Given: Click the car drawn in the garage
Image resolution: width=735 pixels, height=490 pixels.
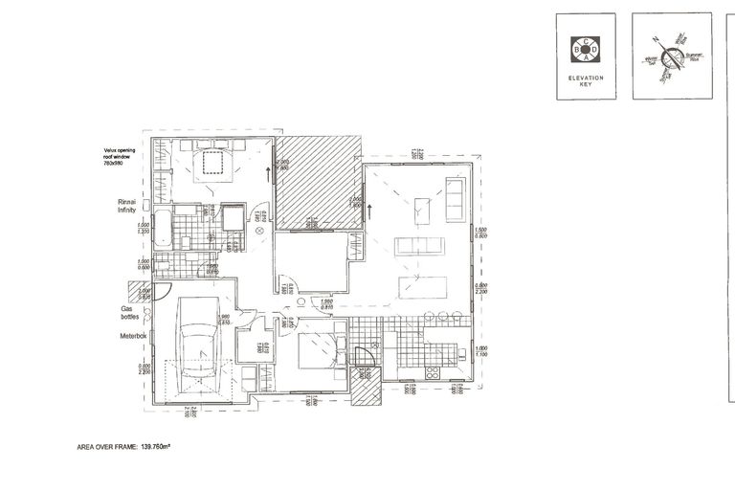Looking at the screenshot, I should [196, 347].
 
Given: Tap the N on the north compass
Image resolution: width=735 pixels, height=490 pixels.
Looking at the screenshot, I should [657, 38].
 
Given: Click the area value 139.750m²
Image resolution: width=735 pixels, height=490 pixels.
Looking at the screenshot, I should [162, 446].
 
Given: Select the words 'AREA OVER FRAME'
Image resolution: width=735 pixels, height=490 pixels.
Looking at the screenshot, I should [107, 446].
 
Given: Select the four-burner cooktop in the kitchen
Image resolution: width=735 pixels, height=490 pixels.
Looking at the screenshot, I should [432, 371].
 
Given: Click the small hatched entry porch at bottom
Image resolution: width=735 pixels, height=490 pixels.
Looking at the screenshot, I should [363, 387].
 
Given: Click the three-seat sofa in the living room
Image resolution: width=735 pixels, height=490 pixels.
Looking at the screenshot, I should [418, 245].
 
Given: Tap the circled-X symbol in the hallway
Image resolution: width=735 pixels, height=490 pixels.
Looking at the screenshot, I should [258, 230].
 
